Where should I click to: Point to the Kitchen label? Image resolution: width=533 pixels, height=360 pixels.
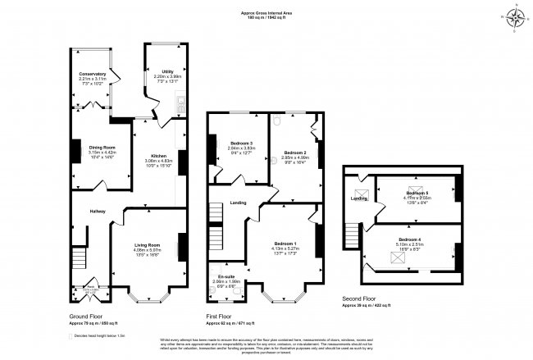156,155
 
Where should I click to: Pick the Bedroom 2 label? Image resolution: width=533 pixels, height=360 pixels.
295,153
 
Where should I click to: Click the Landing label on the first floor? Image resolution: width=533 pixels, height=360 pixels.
239,202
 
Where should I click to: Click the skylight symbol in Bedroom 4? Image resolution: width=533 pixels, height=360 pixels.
399,258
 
